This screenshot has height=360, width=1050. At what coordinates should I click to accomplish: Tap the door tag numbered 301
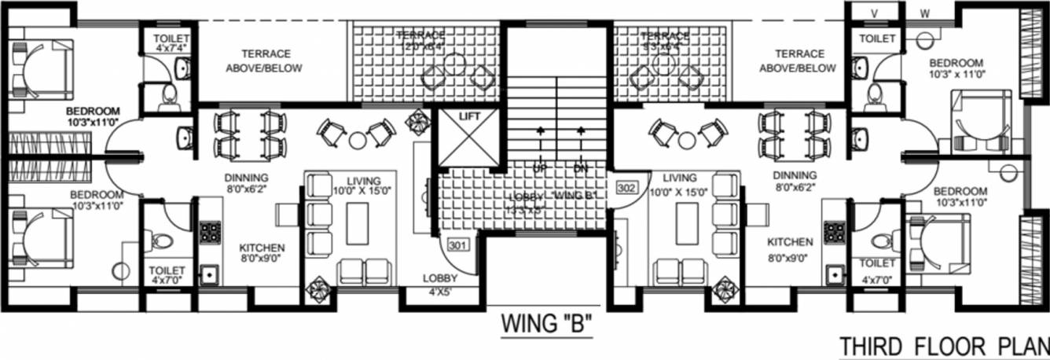(x=459, y=244)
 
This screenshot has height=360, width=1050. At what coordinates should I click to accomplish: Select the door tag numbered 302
(x=626, y=188)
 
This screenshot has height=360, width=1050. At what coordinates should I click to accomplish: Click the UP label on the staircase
(x=540, y=168)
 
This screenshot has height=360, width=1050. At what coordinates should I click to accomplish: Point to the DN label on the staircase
(x=581, y=168)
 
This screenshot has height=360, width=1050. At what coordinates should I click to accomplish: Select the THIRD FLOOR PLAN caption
(x=944, y=347)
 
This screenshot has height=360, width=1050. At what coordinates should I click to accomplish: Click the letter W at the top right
(x=924, y=13)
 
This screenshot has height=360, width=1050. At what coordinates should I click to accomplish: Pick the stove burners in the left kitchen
(x=210, y=231)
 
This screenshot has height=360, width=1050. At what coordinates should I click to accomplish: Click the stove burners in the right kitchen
(x=833, y=231)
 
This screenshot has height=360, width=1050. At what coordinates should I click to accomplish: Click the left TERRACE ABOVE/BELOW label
(x=259, y=61)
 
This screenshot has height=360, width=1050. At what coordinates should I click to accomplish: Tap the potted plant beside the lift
(x=415, y=122)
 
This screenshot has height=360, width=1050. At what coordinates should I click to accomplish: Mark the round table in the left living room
(x=358, y=140)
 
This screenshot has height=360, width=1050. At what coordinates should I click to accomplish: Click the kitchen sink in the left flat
(x=209, y=275)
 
